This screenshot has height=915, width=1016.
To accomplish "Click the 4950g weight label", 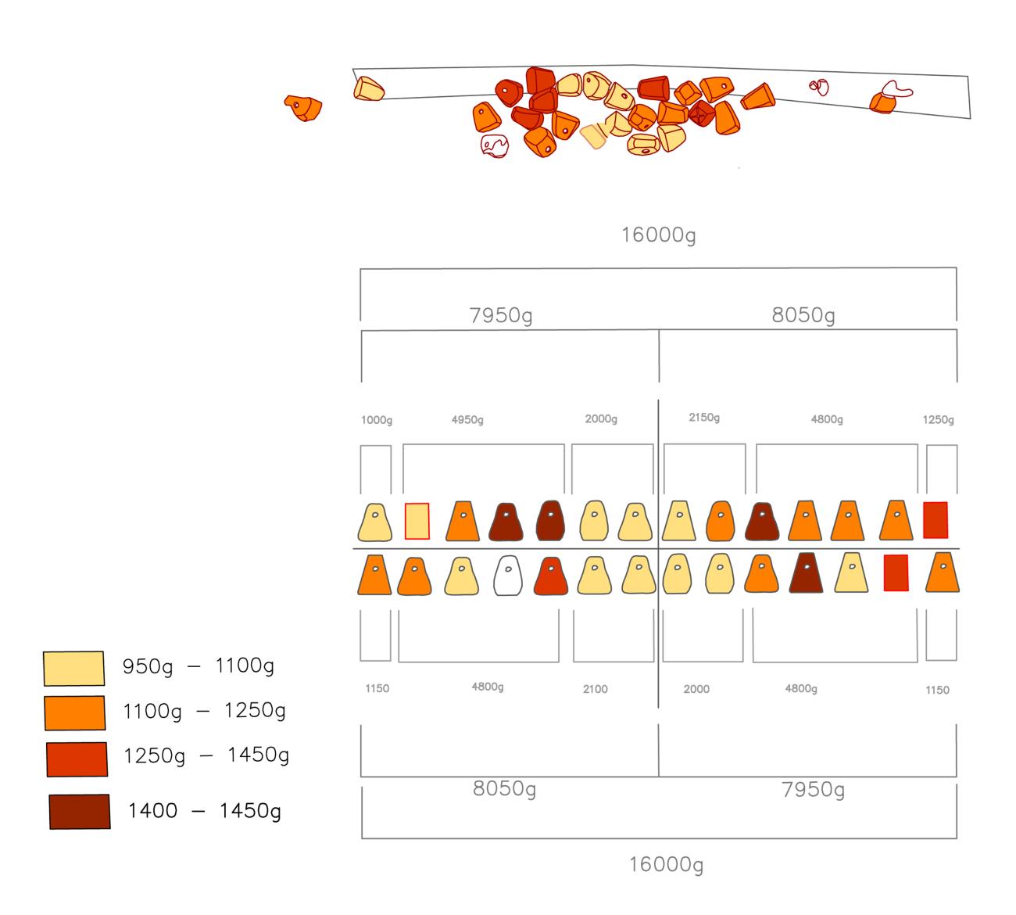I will (467, 420).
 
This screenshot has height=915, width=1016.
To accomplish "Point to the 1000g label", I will (377, 420).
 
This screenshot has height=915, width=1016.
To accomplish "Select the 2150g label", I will (704, 418).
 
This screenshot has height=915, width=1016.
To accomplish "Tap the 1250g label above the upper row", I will (938, 420).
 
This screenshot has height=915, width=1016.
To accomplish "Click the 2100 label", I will (595, 689).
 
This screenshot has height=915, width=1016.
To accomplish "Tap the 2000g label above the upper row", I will (601, 419).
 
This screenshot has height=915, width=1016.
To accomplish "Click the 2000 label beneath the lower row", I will (696, 689).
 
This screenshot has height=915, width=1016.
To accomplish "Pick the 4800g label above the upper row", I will (827, 419).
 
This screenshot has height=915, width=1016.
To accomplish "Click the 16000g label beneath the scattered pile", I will (658, 235).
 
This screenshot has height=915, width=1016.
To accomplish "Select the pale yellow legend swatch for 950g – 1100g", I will (73, 668).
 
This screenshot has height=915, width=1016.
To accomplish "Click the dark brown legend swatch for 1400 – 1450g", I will (80, 811).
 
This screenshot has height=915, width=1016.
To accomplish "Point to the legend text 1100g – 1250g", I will (204, 711).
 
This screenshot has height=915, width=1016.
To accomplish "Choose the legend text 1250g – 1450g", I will (206, 755).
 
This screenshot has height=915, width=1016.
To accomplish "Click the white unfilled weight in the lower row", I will (508, 576).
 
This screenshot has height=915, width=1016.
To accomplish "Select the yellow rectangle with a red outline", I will (417, 521).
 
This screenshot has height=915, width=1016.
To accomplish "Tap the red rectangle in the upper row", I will (936, 520).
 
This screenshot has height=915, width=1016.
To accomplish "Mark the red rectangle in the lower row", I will (896, 573).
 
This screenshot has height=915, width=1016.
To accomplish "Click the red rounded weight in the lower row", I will (551, 576).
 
